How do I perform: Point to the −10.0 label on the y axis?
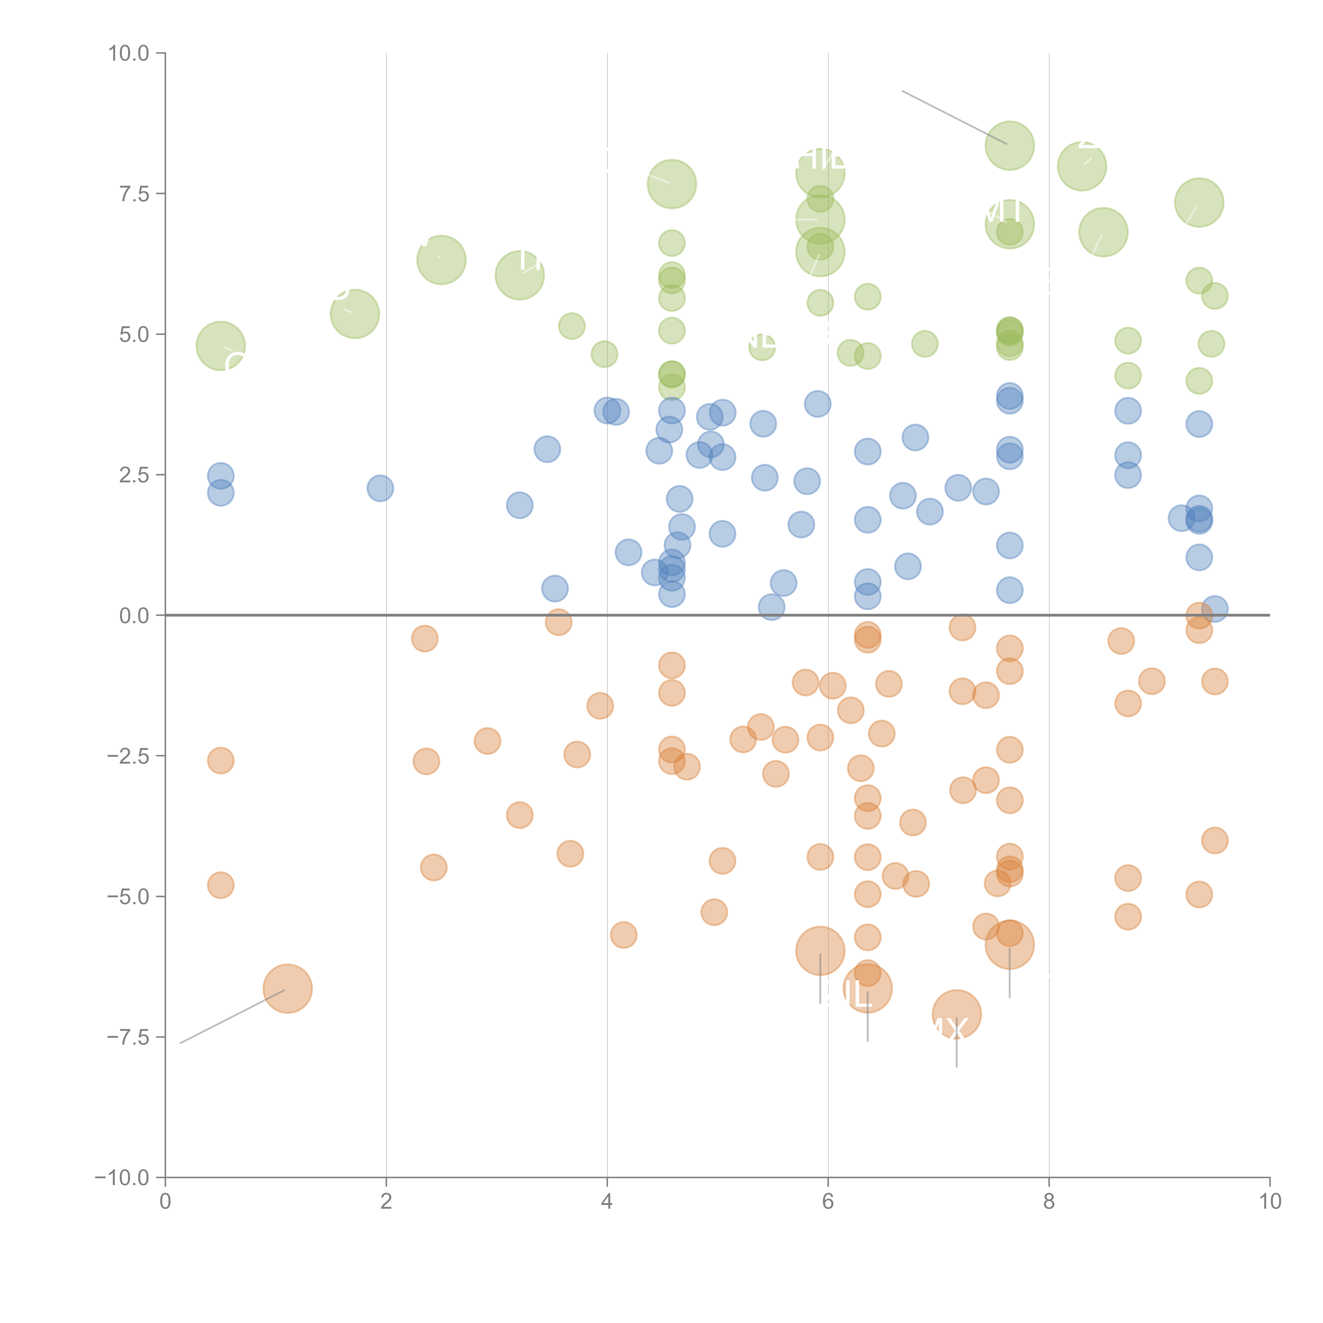[122, 1178]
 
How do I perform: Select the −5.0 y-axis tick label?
[127, 896]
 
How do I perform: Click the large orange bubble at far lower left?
[288, 988]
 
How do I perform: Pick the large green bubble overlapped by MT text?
[1009, 224]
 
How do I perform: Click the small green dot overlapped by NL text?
[762, 347]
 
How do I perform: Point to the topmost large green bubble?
[1009, 145]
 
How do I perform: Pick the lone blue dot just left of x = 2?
[380, 488]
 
